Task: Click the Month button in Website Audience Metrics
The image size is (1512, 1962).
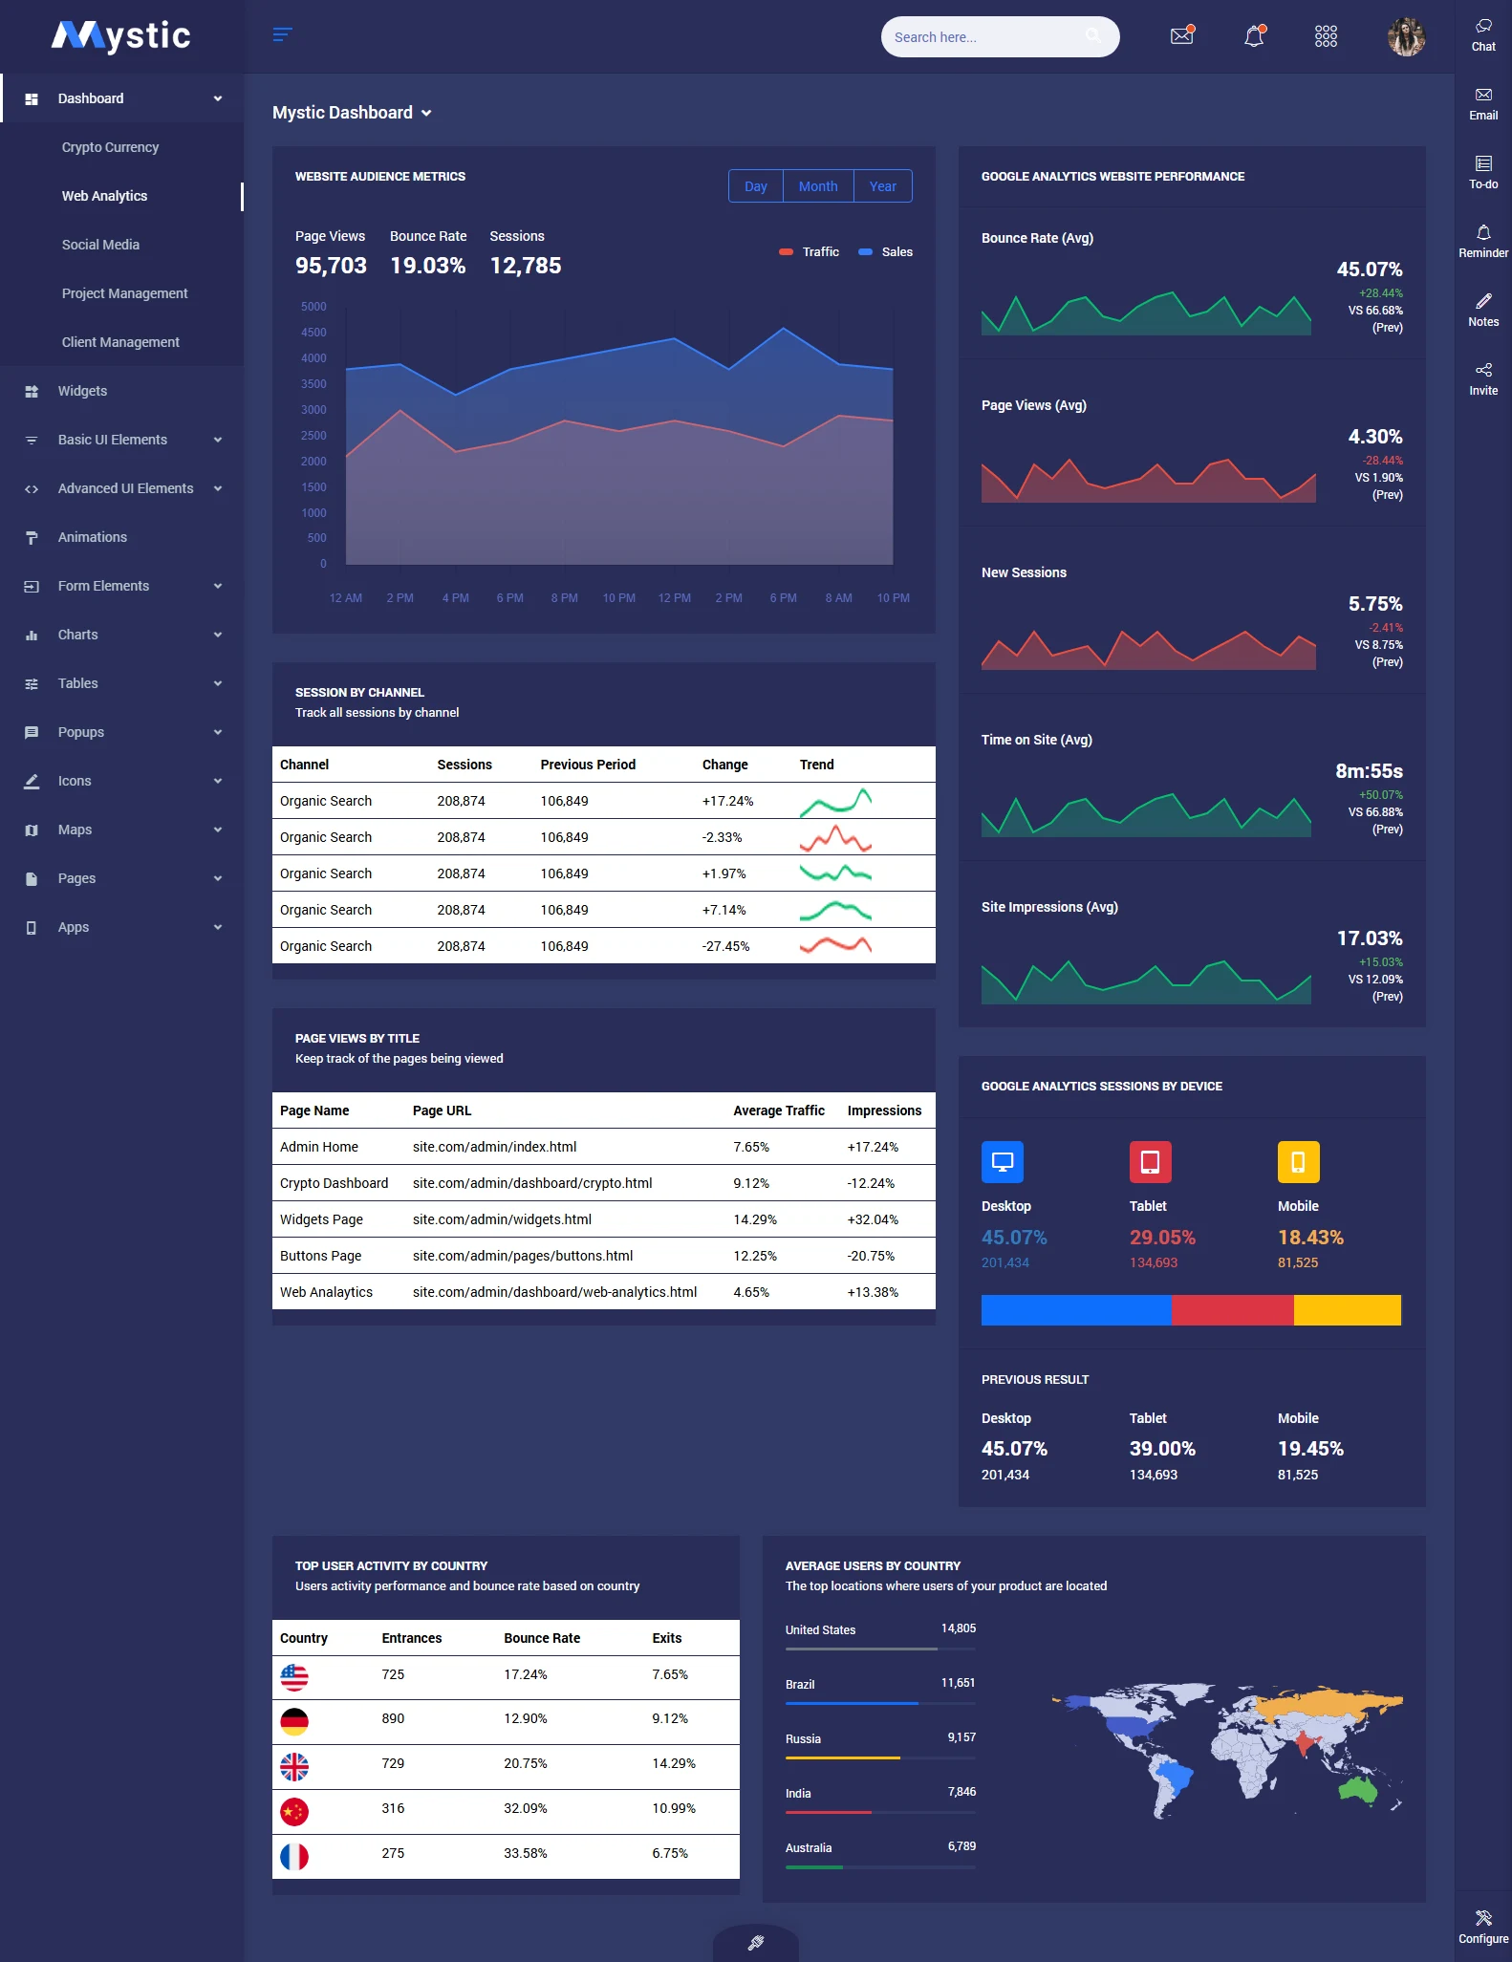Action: pyautogui.click(x=817, y=186)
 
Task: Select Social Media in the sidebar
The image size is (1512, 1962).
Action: pyautogui.click(x=100, y=245)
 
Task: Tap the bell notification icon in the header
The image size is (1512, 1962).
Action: pyautogui.click(x=1254, y=36)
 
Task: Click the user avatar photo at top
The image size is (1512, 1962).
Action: pyautogui.click(x=1405, y=36)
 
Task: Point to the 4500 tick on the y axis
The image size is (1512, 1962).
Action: pyautogui.click(x=313, y=333)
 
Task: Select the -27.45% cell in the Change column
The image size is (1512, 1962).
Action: pyautogui.click(x=725, y=946)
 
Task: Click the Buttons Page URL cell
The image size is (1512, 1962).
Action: pyautogui.click(x=523, y=1256)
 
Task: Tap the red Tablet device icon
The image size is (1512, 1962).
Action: pyautogui.click(x=1150, y=1162)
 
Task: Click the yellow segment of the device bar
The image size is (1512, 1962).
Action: pyautogui.click(x=1347, y=1310)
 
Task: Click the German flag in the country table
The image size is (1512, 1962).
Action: pyautogui.click(x=294, y=1722)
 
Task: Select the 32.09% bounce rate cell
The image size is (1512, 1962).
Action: pyautogui.click(x=525, y=1808)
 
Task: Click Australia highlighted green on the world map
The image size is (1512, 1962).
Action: pyautogui.click(x=1358, y=1789)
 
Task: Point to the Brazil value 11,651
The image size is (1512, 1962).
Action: pyautogui.click(x=958, y=1683)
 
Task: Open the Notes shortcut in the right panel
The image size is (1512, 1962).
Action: pyautogui.click(x=1483, y=310)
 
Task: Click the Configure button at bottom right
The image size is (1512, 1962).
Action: pyautogui.click(x=1483, y=1927)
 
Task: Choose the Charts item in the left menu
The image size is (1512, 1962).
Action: pyautogui.click(x=78, y=635)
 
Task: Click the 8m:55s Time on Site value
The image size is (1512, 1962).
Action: pyautogui.click(x=1369, y=771)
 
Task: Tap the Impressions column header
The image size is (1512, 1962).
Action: pyautogui.click(x=884, y=1110)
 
